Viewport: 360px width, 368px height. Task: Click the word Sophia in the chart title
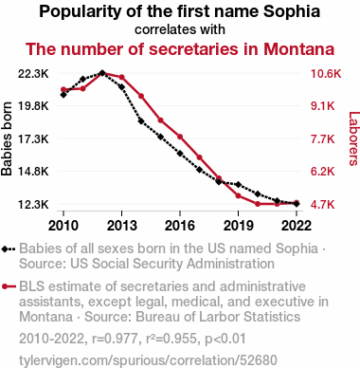pyautogui.click(x=292, y=12)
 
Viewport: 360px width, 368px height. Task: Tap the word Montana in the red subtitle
pyautogui.click(x=298, y=49)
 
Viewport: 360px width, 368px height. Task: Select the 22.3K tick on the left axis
pyautogui.click(x=33, y=74)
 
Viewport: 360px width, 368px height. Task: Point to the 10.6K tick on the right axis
pyautogui.click(x=326, y=74)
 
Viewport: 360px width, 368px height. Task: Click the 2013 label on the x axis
pyautogui.click(x=121, y=226)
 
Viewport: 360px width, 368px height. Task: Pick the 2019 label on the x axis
pyautogui.click(x=238, y=226)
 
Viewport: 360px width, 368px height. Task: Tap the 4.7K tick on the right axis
pyautogui.click(x=323, y=205)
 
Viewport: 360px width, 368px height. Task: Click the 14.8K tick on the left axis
pyautogui.click(x=33, y=172)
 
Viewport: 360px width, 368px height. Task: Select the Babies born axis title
pyautogui.click(x=7, y=138)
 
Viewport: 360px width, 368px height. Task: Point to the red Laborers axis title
pyautogui.click(x=353, y=138)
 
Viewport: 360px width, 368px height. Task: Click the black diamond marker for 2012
pyautogui.click(x=102, y=73)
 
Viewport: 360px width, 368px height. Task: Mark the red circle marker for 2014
pyautogui.click(x=141, y=96)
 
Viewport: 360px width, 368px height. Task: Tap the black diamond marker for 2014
pyautogui.click(x=141, y=121)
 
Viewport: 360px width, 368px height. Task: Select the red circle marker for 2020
pyautogui.click(x=258, y=204)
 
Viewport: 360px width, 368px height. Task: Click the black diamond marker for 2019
pyautogui.click(x=239, y=184)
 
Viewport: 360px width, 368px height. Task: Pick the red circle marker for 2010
pyautogui.click(x=63, y=89)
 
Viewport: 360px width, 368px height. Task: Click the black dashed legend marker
pyautogui.click(x=9, y=248)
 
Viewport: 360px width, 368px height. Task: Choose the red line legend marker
pyautogui.click(x=9, y=286)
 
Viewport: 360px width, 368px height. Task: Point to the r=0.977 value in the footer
pyautogui.click(x=115, y=339)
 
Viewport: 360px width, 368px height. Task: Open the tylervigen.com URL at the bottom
pyautogui.click(x=148, y=360)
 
